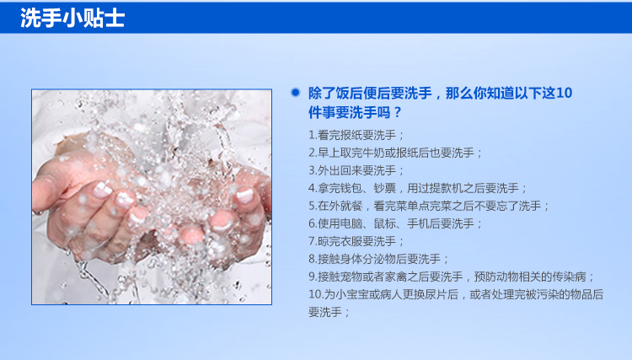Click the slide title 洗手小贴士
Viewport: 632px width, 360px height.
click(x=72, y=19)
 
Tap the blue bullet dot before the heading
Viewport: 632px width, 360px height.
click(x=296, y=92)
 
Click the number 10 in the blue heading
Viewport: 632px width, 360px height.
click(x=564, y=93)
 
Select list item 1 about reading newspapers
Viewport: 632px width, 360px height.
click(x=356, y=135)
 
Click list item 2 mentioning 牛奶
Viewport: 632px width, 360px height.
click(x=395, y=153)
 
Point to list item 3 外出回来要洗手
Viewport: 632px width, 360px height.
click(x=356, y=170)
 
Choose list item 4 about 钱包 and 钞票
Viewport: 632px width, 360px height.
click(x=418, y=188)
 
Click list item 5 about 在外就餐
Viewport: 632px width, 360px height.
click(x=429, y=206)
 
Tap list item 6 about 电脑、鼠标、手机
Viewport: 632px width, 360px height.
click(x=395, y=223)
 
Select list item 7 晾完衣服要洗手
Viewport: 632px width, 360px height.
click(x=356, y=241)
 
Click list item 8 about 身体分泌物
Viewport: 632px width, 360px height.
click(x=379, y=259)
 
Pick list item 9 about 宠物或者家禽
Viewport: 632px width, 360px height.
click(x=452, y=277)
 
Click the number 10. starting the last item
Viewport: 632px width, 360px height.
click(x=316, y=295)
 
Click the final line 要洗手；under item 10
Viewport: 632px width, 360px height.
click(x=329, y=313)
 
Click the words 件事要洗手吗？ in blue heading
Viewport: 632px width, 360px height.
click(x=355, y=112)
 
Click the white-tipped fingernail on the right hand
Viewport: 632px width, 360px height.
click(x=244, y=195)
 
